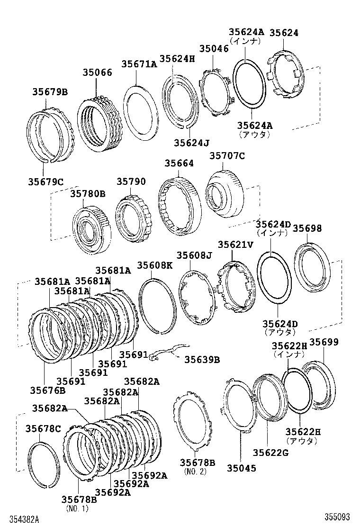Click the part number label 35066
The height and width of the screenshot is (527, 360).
pyautogui.click(x=97, y=73)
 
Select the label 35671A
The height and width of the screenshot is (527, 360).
pyautogui.click(x=139, y=64)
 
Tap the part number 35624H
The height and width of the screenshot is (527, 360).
pyautogui.click(x=177, y=58)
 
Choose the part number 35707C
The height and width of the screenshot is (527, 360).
pyautogui.click(x=227, y=155)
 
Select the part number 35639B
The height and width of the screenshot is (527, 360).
pyautogui.click(x=202, y=360)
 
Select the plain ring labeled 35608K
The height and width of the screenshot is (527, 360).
pyautogui.click(x=157, y=306)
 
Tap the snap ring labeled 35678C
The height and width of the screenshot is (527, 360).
pyautogui.click(x=44, y=464)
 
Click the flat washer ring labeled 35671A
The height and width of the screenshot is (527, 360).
pyautogui.click(x=140, y=111)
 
